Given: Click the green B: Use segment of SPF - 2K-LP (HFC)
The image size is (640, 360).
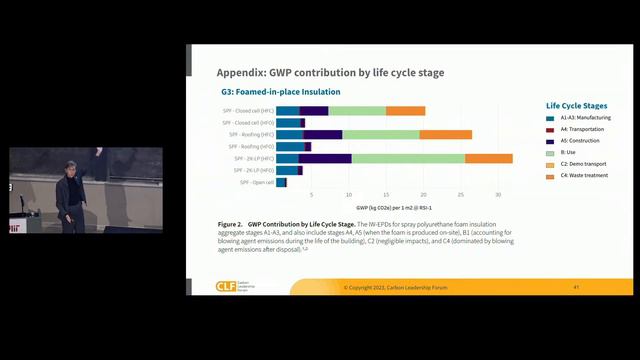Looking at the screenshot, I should click(408, 158).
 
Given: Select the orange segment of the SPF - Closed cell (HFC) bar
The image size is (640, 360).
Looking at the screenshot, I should click(405, 110).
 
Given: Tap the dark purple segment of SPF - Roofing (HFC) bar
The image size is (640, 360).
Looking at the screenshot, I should click(323, 134).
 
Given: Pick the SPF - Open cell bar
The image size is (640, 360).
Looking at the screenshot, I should click(281, 182).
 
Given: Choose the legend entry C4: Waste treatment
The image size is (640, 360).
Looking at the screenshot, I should click(585, 176).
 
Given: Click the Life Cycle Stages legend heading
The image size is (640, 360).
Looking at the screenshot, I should click(576, 104).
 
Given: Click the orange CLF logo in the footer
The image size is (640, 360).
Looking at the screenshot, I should click(226, 287).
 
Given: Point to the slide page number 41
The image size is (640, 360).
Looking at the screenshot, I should click(577, 287).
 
